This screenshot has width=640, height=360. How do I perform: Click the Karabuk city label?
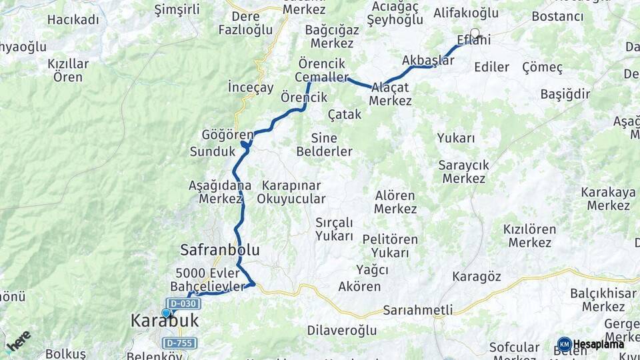tap(165, 321)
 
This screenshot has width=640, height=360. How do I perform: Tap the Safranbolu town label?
tap(219, 250)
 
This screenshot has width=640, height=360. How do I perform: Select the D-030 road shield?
tap(183, 304)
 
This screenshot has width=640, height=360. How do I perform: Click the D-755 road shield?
tap(179, 343)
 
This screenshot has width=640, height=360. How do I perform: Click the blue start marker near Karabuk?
tap(166, 313)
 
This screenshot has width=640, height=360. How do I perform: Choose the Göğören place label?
tap(227, 135)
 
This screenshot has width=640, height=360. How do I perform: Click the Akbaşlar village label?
tap(428, 60)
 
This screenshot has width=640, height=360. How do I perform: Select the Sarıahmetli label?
tap(418, 310)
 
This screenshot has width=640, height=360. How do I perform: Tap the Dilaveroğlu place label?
tap(342, 330)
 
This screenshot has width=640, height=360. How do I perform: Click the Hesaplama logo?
tap(592, 344)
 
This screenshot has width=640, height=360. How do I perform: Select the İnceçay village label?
tap(251, 87)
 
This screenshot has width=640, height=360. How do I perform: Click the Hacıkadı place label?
tap(73, 19)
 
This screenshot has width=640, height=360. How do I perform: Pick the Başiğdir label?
tap(565, 94)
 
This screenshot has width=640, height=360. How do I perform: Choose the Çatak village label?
tap(345, 115)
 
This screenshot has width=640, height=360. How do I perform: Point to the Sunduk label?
tap(213, 151)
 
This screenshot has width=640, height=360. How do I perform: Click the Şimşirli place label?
tap(177, 9)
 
